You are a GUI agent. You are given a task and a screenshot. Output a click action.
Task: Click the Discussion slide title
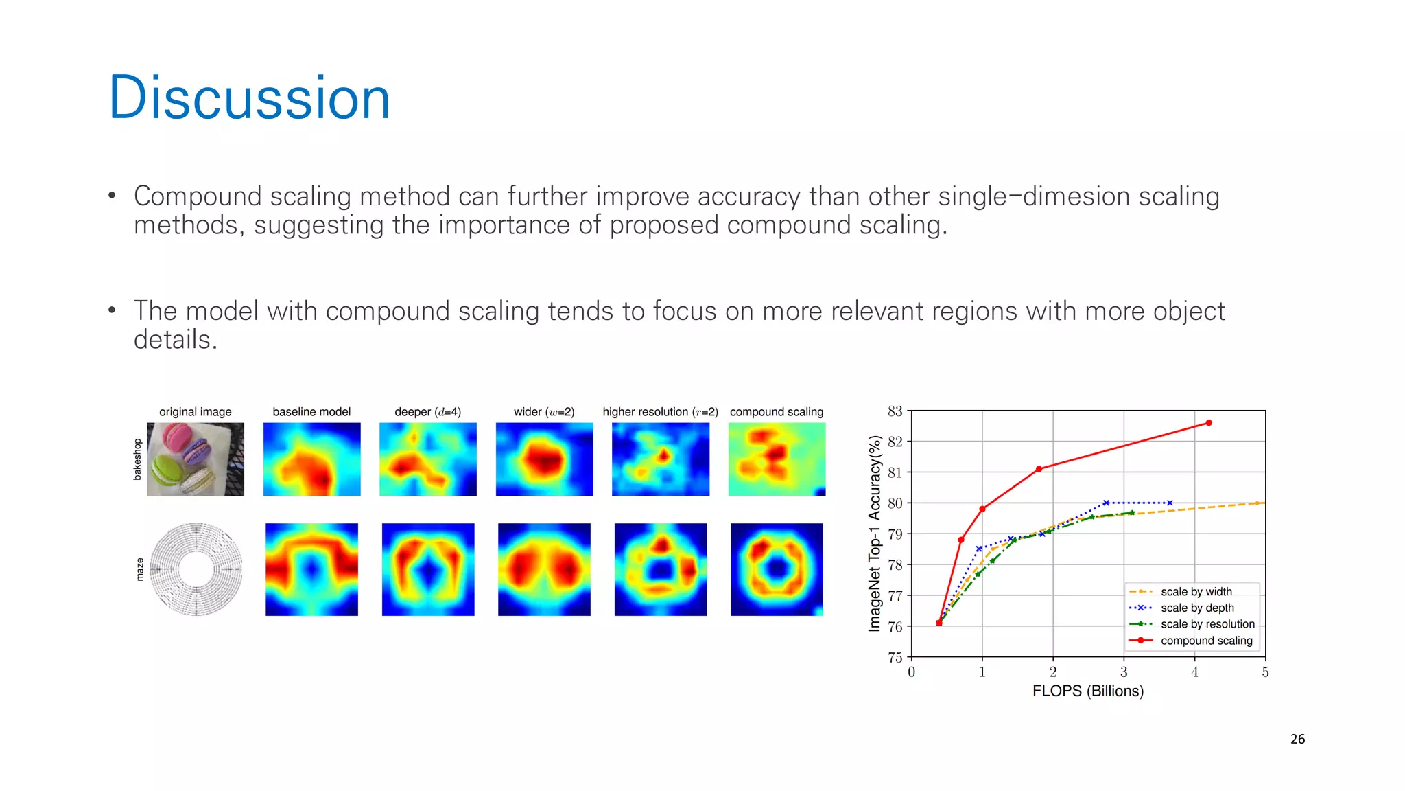point(249,98)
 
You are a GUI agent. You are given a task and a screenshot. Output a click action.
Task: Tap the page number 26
point(1297,739)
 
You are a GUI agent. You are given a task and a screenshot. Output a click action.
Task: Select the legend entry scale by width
point(1196,591)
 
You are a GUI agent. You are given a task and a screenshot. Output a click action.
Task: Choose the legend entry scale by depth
point(1196,608)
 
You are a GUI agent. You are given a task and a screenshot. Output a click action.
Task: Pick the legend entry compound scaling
point(1206,641)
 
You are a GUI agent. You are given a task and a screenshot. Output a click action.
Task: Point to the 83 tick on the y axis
point(895,411)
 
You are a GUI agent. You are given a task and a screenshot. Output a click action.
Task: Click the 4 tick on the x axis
point(1194,672)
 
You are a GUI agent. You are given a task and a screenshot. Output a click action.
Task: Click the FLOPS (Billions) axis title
point(1087,691)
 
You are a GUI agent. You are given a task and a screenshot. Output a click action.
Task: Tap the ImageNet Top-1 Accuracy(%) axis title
point(874,534)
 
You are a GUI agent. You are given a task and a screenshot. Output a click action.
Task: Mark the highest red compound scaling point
point(1208,423)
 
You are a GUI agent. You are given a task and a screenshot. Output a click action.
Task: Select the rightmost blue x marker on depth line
point(1170,503)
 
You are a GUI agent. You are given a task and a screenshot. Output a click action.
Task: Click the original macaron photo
point(196,459)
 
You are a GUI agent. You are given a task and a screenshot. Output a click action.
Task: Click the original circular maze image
point(196,569)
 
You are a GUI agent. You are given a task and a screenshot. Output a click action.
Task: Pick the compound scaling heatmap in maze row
point(777,569)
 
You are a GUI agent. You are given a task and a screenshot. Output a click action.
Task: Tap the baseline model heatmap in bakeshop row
point(311,459)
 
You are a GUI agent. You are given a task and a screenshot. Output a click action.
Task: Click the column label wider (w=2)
point(544,412)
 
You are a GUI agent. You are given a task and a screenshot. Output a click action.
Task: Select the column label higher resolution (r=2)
point(660,412)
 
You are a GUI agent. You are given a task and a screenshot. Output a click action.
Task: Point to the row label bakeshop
point(137,459)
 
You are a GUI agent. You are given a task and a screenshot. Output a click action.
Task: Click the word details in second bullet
point(174,340)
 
